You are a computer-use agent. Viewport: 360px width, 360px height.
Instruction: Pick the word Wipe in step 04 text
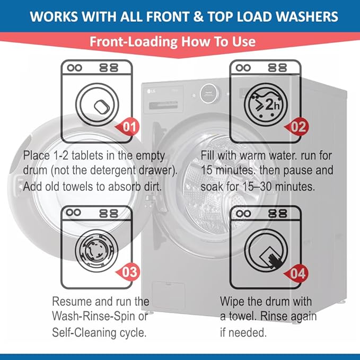point(233,301)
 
